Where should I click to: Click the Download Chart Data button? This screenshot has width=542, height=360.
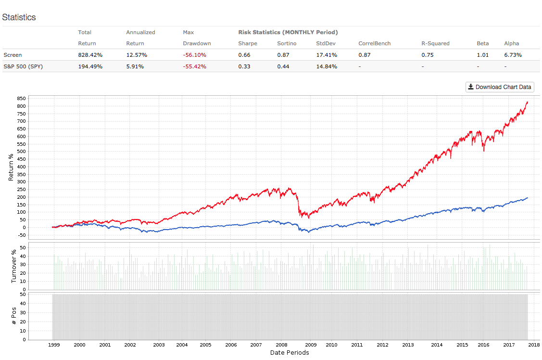500,87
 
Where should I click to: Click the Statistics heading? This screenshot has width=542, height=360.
19,17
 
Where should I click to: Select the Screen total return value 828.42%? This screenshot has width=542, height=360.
90,55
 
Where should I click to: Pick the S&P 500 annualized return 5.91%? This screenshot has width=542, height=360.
137,66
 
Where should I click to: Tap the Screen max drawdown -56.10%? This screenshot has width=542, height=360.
194,55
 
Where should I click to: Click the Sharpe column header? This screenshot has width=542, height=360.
248,43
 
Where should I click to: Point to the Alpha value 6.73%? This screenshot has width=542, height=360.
513,55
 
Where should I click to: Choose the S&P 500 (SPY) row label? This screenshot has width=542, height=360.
23,66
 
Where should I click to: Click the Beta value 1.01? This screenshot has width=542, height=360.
483,55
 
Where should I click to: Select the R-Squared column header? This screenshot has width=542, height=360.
435,43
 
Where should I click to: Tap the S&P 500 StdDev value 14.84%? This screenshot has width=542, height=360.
327,66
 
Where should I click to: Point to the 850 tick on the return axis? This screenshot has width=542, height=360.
20,98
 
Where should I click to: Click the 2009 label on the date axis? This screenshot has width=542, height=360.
311,345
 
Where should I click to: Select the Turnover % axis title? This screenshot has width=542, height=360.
14,263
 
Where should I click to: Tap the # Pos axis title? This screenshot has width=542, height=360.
14,315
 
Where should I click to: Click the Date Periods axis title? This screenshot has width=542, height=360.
290,353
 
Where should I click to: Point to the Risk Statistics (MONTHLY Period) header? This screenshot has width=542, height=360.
288,32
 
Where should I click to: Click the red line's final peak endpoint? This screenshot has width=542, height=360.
528,102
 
